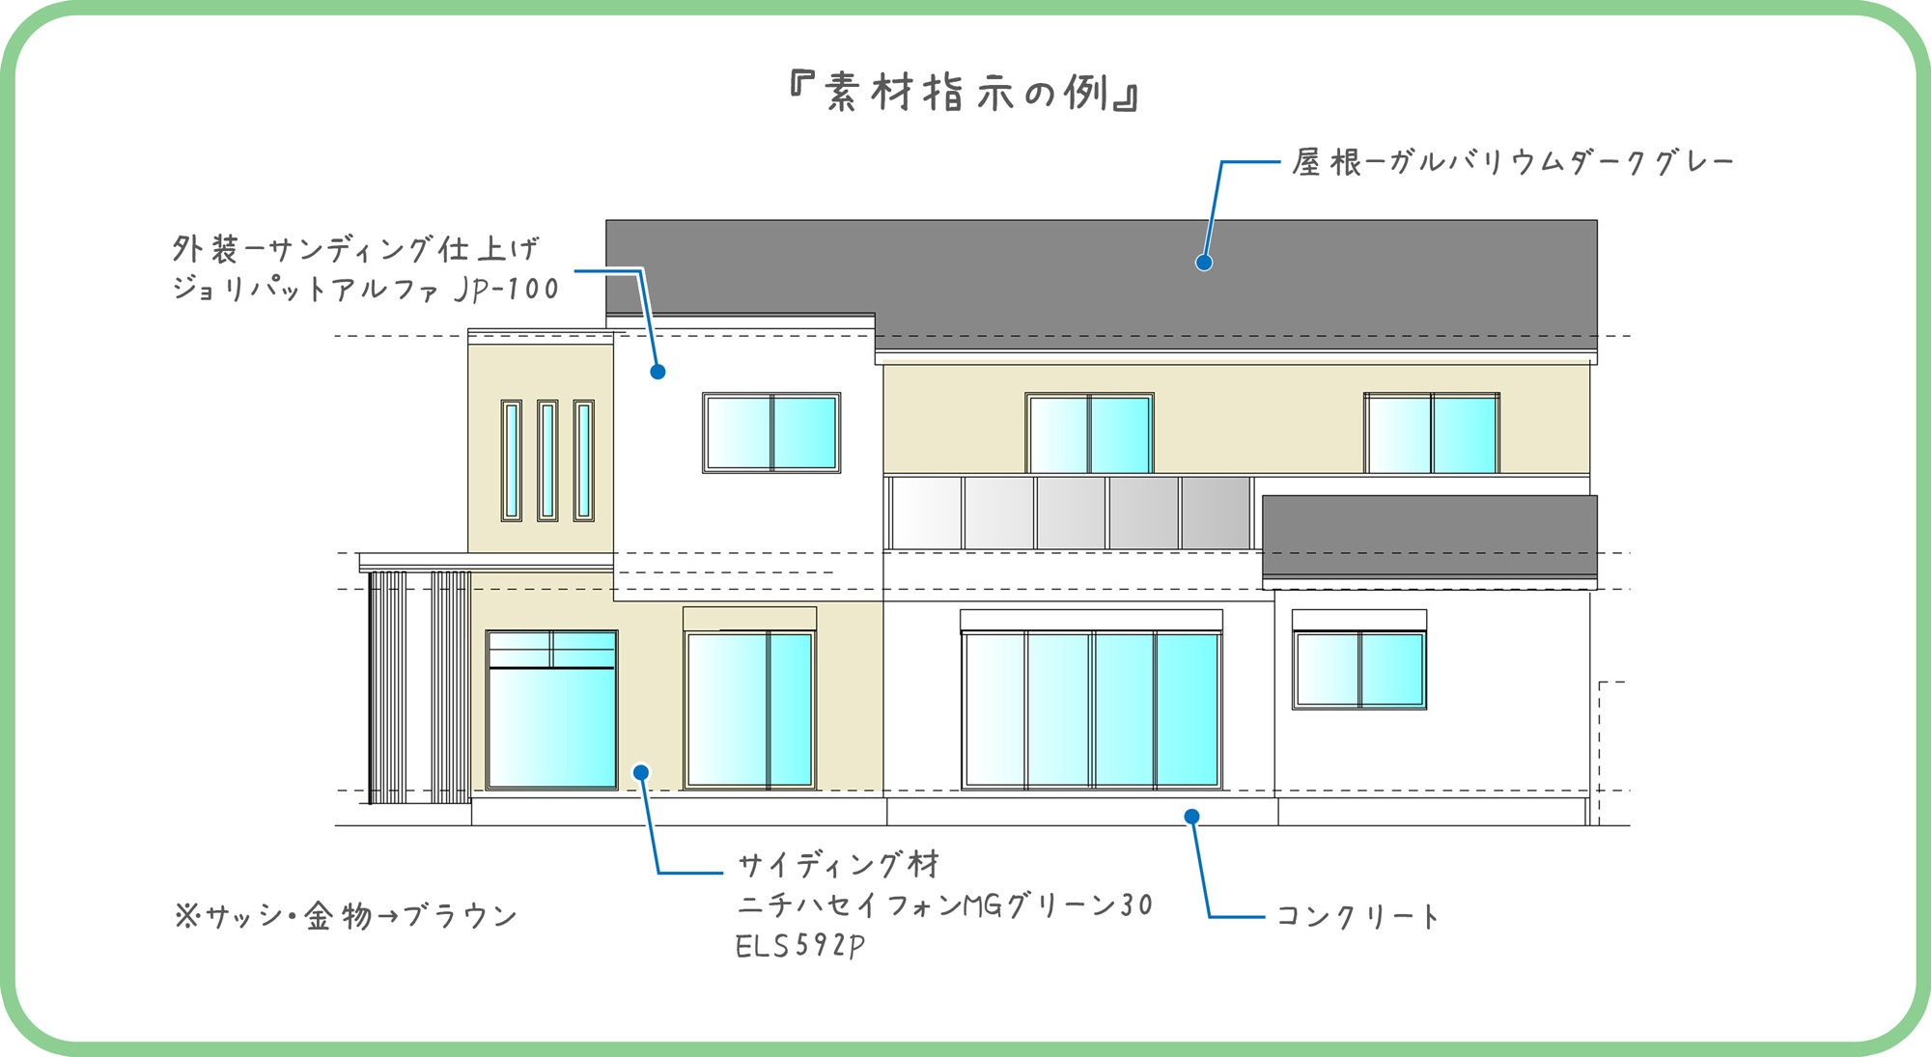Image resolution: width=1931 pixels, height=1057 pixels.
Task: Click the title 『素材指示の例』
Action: (964, 93)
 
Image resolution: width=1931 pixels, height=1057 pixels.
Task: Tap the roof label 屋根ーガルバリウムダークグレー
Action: (1513, 162)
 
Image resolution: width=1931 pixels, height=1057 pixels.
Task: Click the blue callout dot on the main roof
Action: (1204, 263)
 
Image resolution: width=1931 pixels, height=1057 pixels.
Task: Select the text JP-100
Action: (506, 289)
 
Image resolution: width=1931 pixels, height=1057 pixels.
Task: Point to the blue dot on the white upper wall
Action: (658, 372)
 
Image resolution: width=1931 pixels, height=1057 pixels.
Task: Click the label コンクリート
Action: (1357, 916)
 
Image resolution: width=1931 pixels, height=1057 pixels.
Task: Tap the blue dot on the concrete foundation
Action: (1192, 817)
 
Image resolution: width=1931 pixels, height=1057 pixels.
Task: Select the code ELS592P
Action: (799, 946)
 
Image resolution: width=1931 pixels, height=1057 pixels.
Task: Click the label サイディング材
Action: (838, 864)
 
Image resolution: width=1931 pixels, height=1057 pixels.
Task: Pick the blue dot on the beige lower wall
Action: (641, 772)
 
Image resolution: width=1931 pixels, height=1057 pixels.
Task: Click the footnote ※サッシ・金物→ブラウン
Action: (346, 916)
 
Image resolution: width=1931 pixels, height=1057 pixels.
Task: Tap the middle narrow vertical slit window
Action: (547, 460)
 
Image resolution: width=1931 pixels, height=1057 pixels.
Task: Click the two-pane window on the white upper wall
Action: (771, 432)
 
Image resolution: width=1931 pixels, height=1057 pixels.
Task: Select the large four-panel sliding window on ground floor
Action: (1092, 709)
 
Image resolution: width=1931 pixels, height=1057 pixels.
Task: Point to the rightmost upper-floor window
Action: (1432, 432)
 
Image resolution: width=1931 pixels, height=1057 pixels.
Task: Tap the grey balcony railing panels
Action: (1071, 514)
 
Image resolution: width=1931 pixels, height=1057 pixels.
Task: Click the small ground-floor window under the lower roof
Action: (1359, 669)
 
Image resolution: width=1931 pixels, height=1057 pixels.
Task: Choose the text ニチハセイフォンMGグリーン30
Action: (945, 905)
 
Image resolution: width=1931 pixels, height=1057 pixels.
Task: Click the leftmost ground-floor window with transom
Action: (551, 709)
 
